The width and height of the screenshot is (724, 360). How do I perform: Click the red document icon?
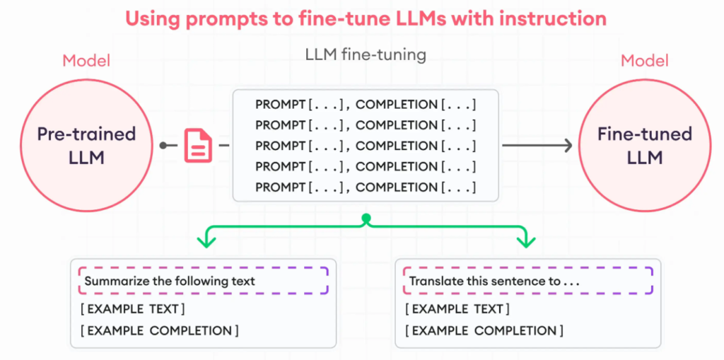(198, 146)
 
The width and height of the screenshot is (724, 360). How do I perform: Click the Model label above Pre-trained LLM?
(86, 61)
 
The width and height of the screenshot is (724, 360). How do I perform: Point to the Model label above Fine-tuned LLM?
(645, 61)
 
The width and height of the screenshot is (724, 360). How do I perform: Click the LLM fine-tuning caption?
(366, 55)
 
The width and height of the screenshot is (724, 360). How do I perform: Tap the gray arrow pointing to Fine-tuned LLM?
(537, 146)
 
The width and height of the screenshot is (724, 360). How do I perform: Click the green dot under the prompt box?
(366, 218)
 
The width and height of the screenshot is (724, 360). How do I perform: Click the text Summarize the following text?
(170, 281)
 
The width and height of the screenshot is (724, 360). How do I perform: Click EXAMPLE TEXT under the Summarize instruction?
(133, 308)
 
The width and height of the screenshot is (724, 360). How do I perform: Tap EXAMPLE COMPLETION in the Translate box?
(484, 331)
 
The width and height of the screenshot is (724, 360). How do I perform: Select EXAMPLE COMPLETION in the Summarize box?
(160, 331)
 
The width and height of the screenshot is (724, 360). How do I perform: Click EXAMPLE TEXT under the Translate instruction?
(457, 308)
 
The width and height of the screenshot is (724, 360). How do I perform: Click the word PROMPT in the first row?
(280, 105)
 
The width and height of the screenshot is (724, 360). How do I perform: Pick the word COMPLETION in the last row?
(397, 187)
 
